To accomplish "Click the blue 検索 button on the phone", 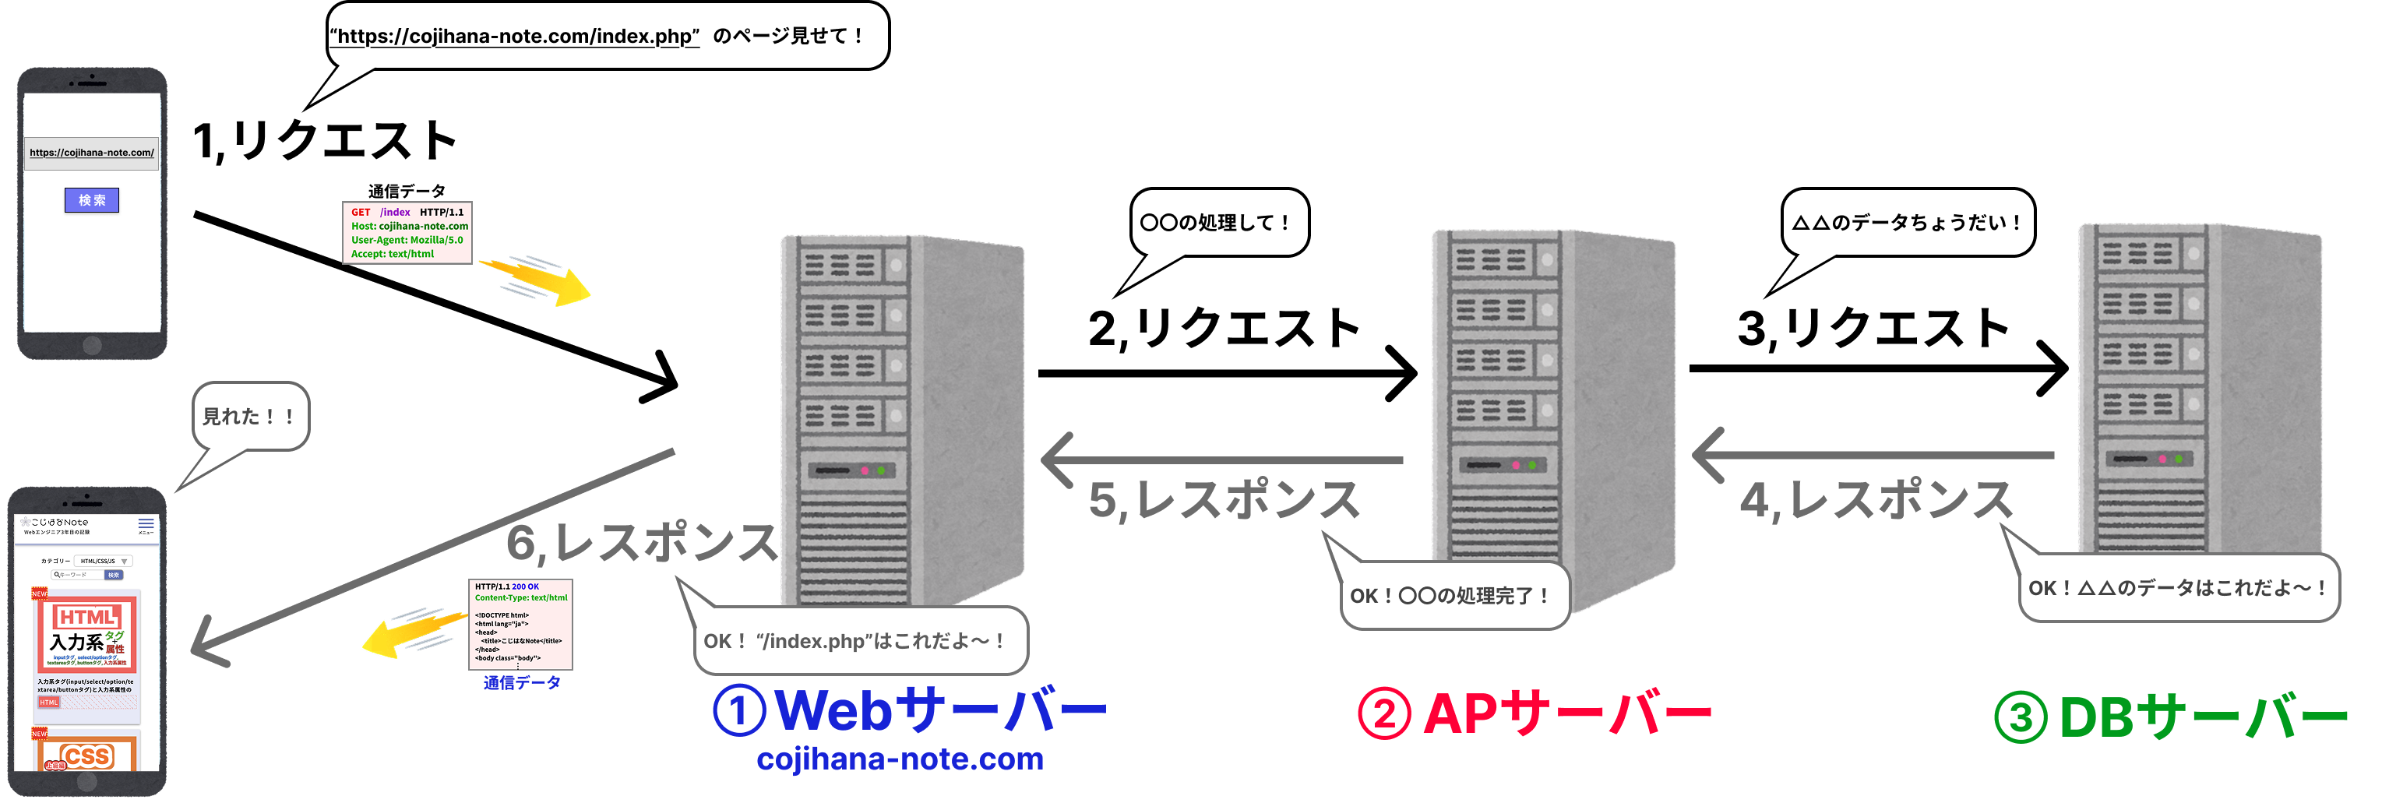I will (x=92, y=200).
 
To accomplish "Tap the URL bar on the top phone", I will (x=92, y=153).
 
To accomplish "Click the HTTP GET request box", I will (x=407, y=233).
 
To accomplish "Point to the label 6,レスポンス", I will (x=642, y=542).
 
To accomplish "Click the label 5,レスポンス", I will (x=1224, y=501).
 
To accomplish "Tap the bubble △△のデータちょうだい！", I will (x=1908, y=222).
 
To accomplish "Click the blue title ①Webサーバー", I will (x=910, y=710).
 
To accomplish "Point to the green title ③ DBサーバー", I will (x=2170, y=718).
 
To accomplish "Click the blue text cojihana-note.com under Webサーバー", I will (x=900, y=759).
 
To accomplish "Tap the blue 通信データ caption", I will (x=522, y=683).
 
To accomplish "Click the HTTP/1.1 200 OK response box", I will (x=520, y=624).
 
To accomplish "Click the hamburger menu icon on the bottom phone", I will (x=146, y=523).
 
